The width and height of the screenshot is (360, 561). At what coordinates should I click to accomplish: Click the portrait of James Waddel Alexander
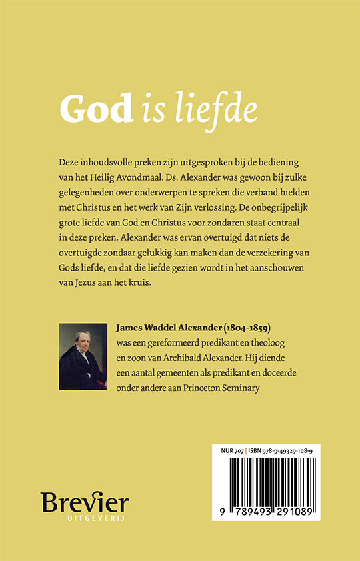click(83, 356)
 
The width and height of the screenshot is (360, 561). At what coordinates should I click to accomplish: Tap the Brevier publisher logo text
click(85, 504)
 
